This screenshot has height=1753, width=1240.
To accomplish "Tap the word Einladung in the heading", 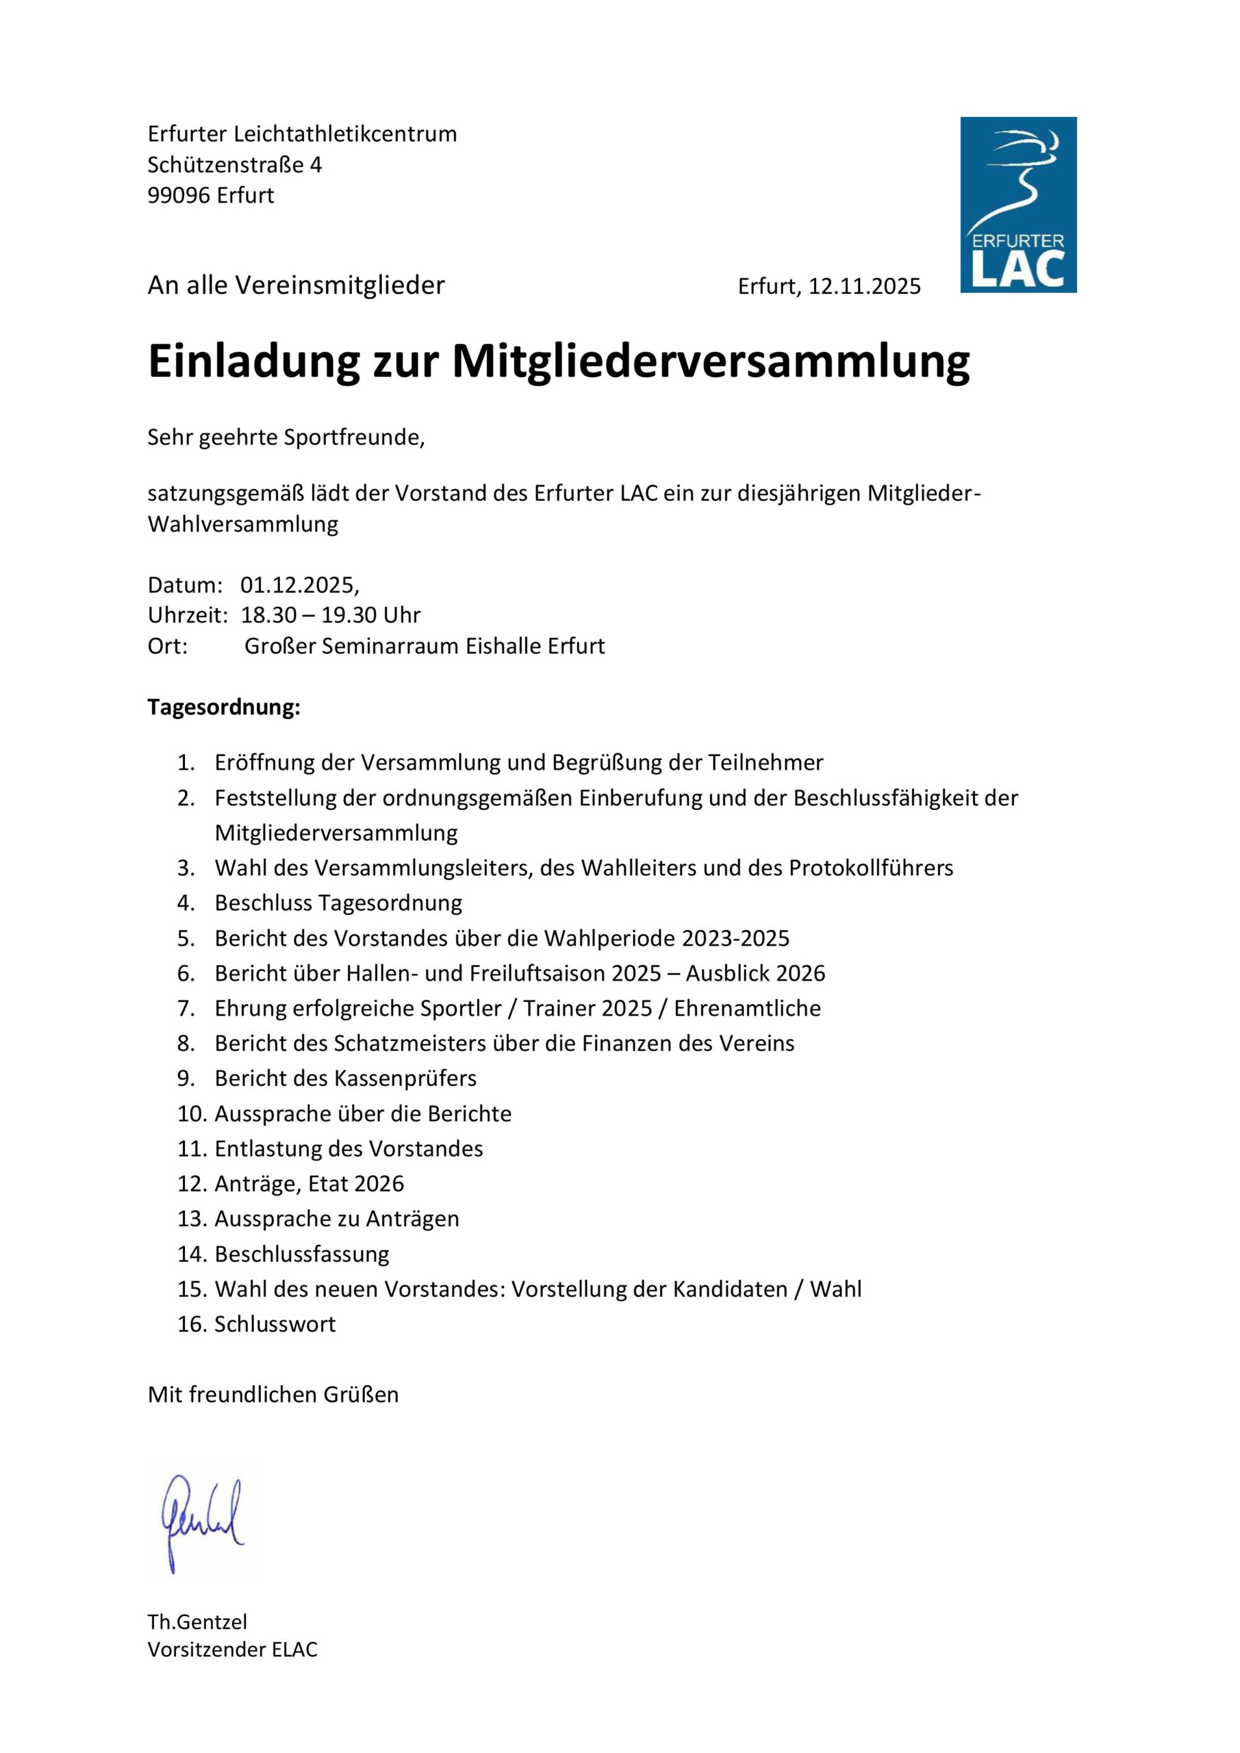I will (x=253, y=361).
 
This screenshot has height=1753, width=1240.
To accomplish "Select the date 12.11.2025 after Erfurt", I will (x=864, y=286).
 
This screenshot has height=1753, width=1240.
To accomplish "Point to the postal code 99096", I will (x=179, y=195).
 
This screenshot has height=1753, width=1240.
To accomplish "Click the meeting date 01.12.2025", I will (x=298, y=585).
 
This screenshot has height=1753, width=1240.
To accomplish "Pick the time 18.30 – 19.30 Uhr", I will (x=331, y=616).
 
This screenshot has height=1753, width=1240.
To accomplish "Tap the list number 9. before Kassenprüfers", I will (x=186, y=1078).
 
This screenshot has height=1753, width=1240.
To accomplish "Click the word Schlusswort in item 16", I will (x=275, y=1324).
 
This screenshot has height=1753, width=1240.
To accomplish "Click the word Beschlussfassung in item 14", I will (x=301, y=1254).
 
